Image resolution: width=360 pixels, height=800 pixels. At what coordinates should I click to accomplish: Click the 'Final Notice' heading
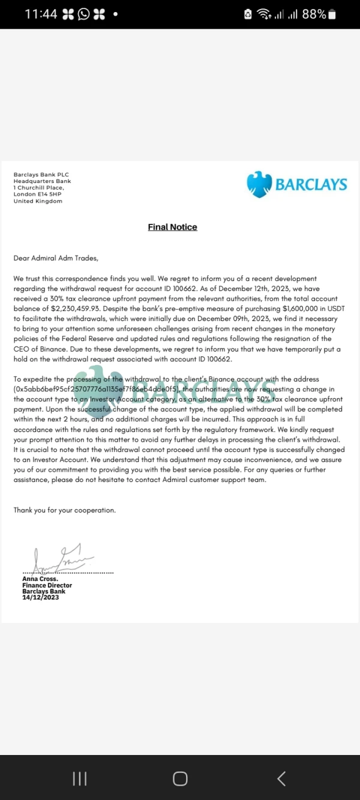[x=172, y=227]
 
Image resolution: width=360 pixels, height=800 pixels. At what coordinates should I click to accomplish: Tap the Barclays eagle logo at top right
[x=259, y=184]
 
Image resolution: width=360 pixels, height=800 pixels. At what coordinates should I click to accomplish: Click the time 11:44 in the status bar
[x=41, y=14]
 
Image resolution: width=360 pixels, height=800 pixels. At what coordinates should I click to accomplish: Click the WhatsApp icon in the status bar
[x=83, y=14]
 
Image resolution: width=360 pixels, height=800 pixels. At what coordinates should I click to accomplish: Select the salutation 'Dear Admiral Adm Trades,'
[x=55, y=258]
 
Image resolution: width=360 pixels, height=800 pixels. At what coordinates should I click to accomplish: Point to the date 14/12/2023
[x=41, y=598]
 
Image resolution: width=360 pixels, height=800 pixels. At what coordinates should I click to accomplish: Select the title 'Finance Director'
[x=47, y=585]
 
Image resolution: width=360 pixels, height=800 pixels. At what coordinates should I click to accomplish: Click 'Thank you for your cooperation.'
[x=65, y=510]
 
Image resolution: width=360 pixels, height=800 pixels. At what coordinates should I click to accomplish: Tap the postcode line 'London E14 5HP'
[x=37, y=194]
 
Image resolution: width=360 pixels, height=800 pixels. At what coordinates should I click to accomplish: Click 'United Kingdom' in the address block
[x=38, y=201]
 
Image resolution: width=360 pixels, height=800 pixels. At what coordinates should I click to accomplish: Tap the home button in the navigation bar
[x=180, y=778]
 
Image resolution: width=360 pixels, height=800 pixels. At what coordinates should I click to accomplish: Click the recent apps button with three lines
[x=79, y=778]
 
